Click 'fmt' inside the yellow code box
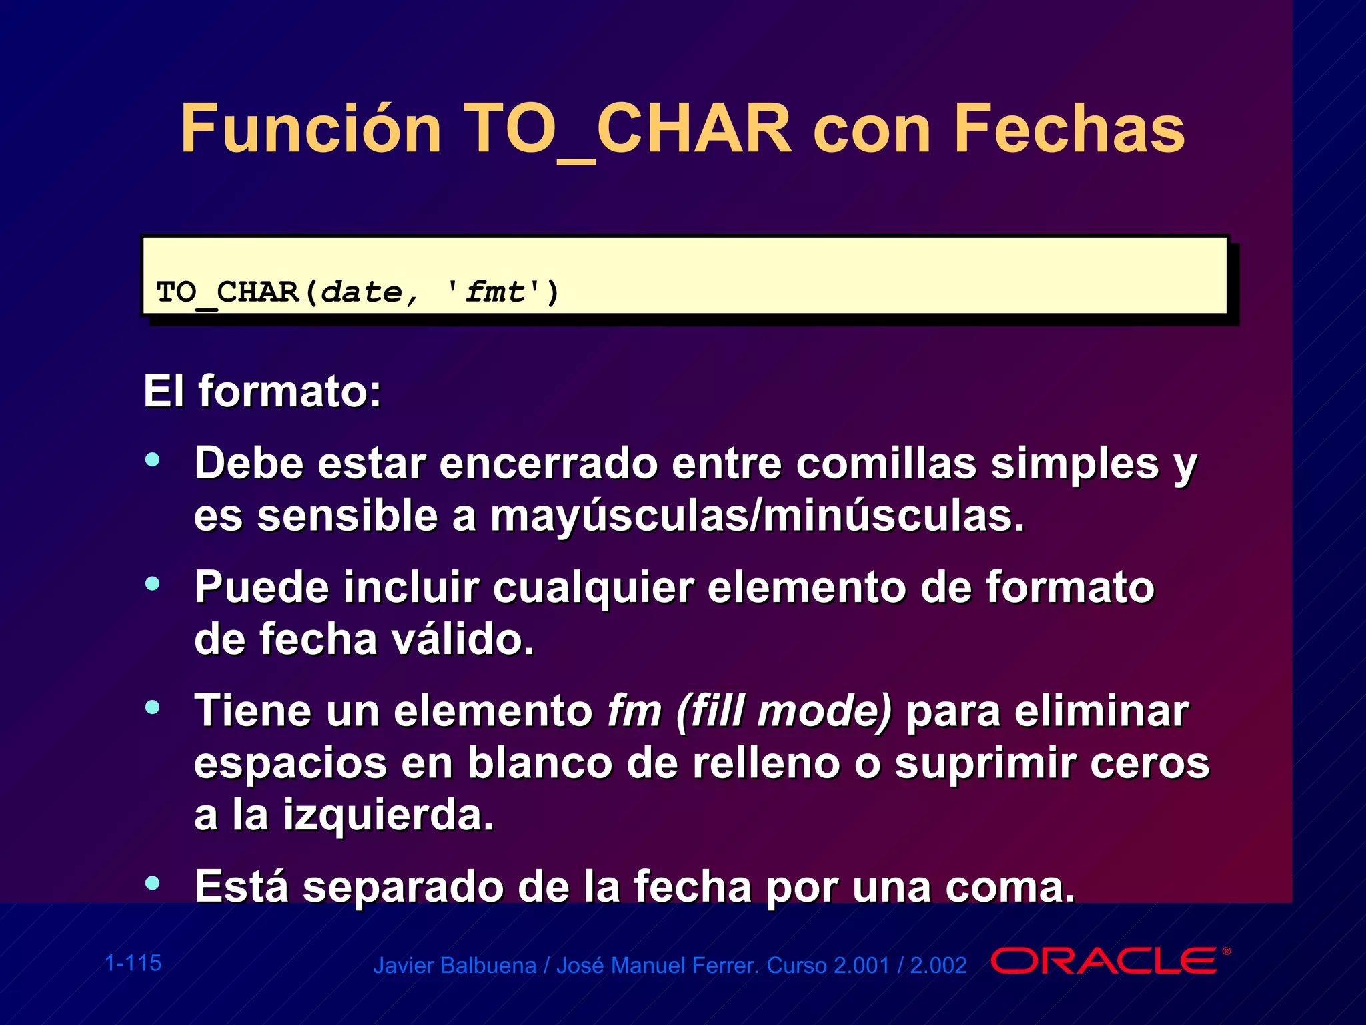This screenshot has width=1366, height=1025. [x=494, y=292]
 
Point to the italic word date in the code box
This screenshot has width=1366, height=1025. [x=362, y=292]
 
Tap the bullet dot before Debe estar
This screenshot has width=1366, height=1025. [x=153, y=459]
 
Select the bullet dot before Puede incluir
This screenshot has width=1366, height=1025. [x=153, y=583]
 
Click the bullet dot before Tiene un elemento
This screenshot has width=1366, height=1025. [x=153, y=707]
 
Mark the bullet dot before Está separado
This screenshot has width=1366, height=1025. [x=153, y=882]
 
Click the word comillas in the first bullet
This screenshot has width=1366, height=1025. [x=886, y=463]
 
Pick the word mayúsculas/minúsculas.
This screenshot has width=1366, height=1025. [x=757, y=516]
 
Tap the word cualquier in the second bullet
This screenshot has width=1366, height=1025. [x=594, y=587]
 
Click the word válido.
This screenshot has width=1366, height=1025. [x=463, y=639]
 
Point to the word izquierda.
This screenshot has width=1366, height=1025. [x=388, y=815]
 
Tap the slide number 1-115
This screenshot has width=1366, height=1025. [x=133, y=963]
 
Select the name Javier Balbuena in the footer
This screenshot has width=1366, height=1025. [x=454, y=966]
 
